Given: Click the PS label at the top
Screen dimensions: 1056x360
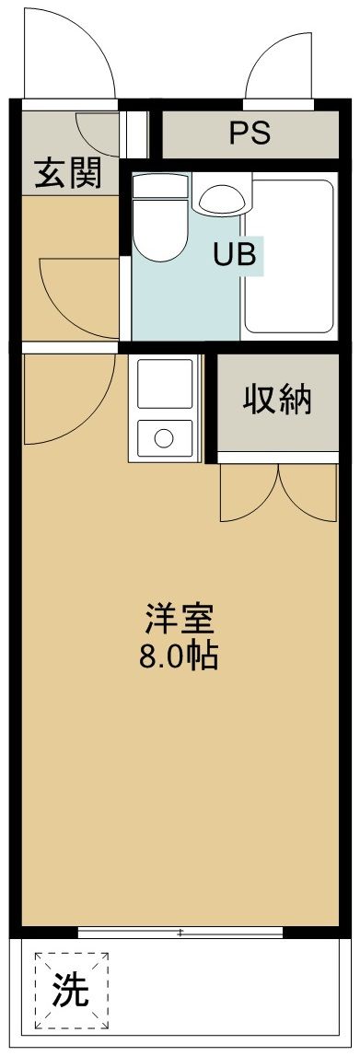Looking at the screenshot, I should pyautogui.click(x=250, y=133).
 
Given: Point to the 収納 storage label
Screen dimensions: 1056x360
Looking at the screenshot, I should pyautogui.click(x=277, y=400).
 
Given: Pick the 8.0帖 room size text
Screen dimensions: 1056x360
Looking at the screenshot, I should pyautogui.click(x=180, y=656).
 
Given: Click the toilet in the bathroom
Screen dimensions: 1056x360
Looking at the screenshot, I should pyautogui.click(x=160, y=221).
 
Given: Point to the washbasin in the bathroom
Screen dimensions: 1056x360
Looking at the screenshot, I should pyautogui.click(x=220, y=197).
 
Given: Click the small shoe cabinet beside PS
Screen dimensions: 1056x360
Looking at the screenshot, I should pyautogui.click(x=138, y=134).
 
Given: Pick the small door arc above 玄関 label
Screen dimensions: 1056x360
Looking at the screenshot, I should pyautogui.click(x=97, y=133).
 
